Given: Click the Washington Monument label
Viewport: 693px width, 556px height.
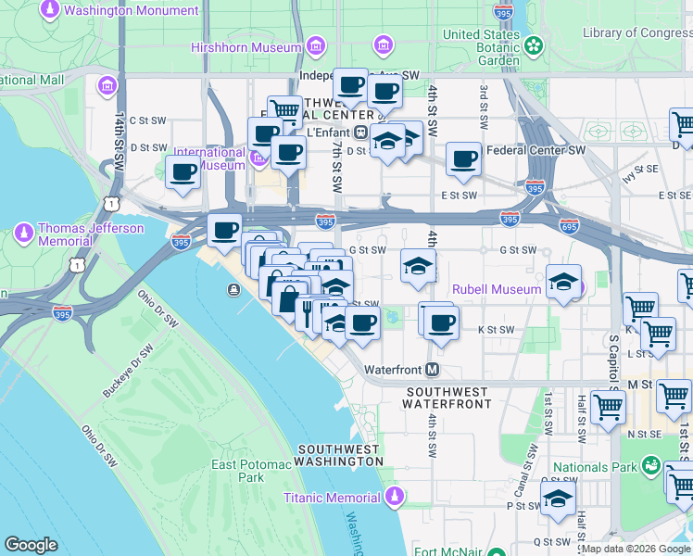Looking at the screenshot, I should click(x=132, y=11).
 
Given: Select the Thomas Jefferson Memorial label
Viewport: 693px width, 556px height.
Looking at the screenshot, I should click(x=91, y=234).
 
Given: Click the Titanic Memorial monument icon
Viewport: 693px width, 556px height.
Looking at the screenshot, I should click(x=395, y=499).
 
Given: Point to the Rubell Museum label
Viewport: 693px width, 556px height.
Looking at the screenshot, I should click(x=496, y=289).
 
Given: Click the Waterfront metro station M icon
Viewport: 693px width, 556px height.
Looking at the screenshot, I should click(x=432, y=370).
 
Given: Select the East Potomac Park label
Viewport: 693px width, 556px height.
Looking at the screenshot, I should click(x=238, y=471).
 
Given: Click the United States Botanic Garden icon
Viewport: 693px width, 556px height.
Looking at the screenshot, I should click(x=534, y=45).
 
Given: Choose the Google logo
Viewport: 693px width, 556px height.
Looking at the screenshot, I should click(x=31, y=545).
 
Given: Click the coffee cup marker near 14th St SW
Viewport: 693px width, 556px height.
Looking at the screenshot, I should click(x=183, y=172).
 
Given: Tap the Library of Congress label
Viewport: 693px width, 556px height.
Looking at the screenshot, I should click(x=637, y=33).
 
